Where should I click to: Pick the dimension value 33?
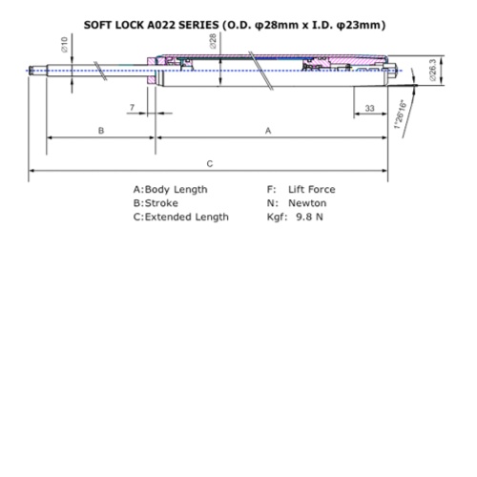[x=369, y=109]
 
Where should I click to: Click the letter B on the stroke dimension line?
[x=101, y=130]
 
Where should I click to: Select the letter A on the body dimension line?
[x=268, y=130]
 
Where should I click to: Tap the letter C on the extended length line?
[x=209, y=163]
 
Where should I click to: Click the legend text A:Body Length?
[x=170, y=190]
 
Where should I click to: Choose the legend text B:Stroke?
[x=156, y=203]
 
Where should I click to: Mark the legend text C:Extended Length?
[x=180, y=217]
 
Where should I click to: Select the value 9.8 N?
[x=311, y=217]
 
